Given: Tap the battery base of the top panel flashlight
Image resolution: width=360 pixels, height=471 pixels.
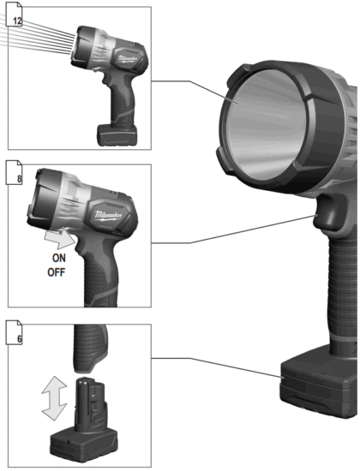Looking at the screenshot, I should click(120, 133).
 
